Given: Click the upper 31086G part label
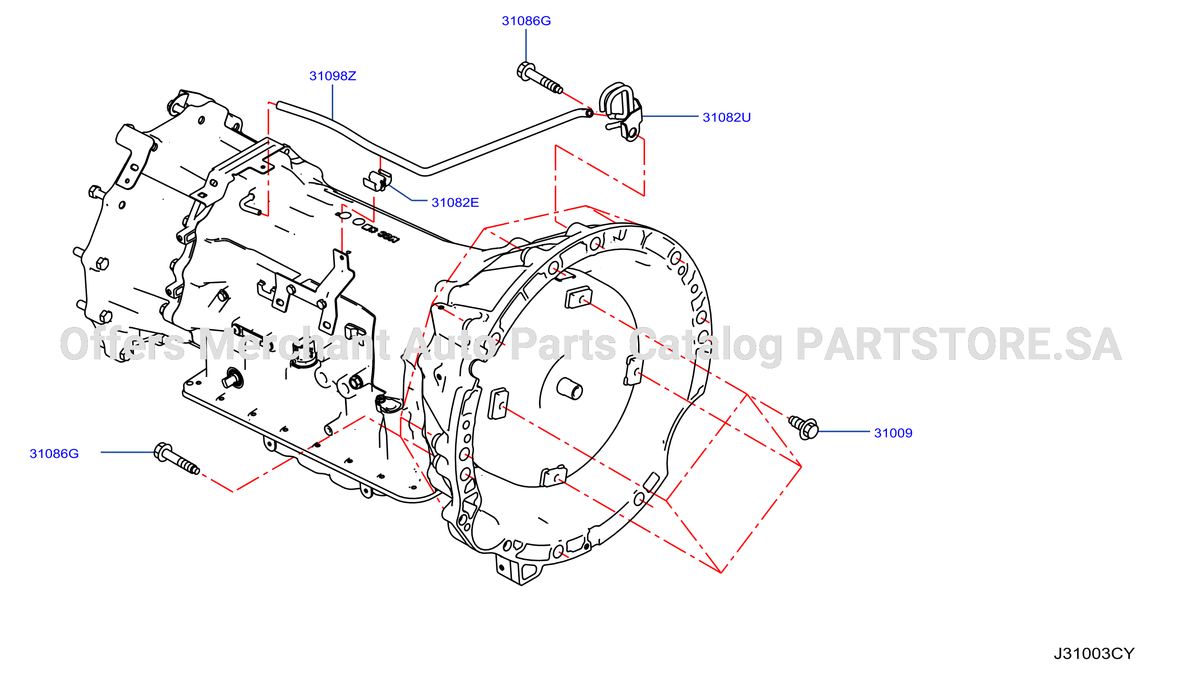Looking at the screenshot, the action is tap(526, 21).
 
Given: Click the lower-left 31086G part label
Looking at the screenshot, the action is tap(54, 454).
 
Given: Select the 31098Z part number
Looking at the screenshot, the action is tap(333, 76).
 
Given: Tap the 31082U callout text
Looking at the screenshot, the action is tap(727, 117).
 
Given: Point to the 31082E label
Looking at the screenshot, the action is tap(455, 202).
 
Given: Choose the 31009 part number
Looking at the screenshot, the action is tap(893, 433).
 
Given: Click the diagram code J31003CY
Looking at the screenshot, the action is tap(1093, 654).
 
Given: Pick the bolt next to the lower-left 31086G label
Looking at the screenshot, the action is tap(176, 459).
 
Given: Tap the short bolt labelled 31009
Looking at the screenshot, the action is tap(804, 427).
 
